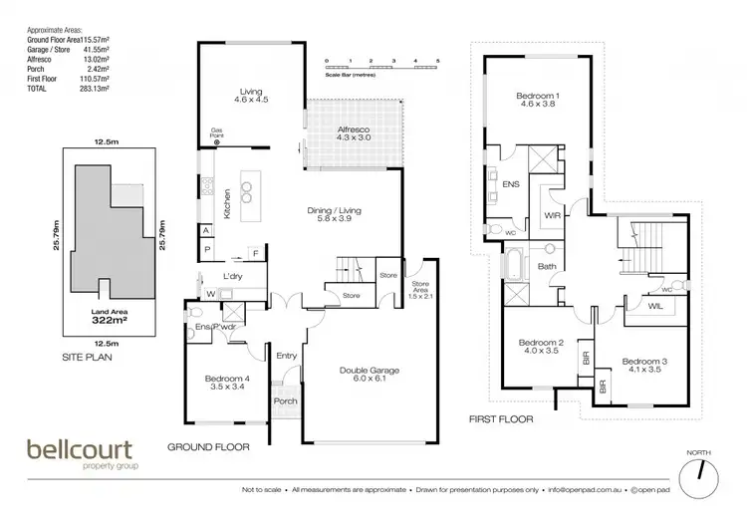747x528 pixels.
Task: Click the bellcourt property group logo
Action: [83, 454]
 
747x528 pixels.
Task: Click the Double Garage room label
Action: [370, 375]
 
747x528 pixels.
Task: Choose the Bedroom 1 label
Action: [538, 101]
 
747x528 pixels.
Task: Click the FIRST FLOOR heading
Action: [501, 419]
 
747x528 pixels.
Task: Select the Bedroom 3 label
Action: [642, 365]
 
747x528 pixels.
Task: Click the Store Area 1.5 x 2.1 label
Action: [419, 290]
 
